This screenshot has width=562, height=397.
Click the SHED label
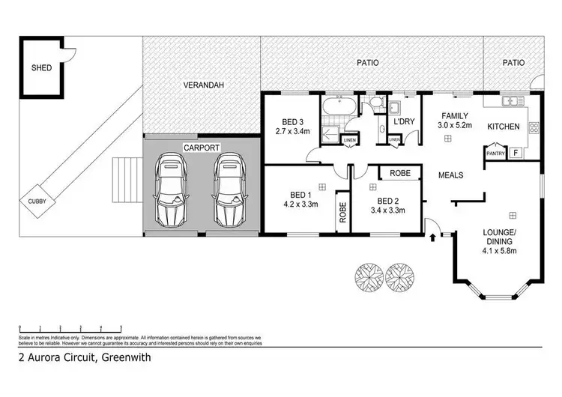41,67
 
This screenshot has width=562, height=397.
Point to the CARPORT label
202,148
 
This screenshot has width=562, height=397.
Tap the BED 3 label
293,122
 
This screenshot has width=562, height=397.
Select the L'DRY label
405,121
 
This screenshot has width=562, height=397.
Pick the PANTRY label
494,154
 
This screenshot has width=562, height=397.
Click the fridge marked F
516,154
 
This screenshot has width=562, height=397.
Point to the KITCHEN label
504,127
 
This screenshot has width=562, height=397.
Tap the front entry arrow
432,239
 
